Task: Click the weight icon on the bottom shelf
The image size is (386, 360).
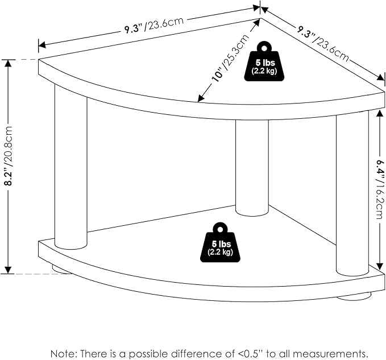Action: [x=215, y=243]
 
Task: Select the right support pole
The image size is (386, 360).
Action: [x=352, y=193]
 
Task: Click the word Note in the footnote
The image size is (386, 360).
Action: [x=63, y=353]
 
